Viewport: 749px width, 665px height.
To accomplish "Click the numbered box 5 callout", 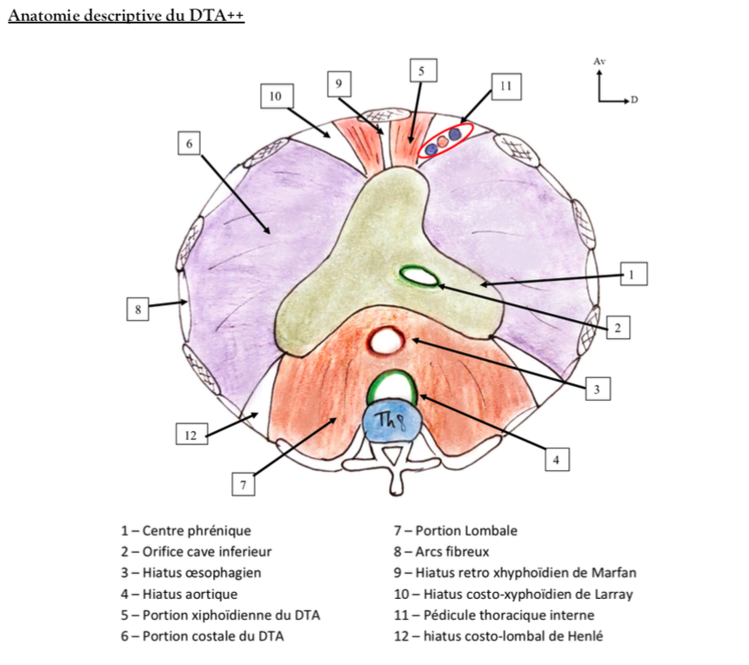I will [421, 70].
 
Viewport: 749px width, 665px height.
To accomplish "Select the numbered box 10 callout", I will [276, 96].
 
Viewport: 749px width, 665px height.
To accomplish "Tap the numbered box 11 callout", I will [505, 86].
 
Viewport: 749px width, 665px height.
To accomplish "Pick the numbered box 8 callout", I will [137, 309].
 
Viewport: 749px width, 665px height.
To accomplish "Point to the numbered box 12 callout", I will [190, 435].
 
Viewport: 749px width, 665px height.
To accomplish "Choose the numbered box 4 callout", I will [557, 460].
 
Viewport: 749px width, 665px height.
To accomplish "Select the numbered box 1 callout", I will [632, 275].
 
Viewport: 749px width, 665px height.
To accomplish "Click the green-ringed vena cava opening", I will [419, 276].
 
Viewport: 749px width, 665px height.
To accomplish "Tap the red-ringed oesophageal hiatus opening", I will [385, 341].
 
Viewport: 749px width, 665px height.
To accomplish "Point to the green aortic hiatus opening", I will [391, 385].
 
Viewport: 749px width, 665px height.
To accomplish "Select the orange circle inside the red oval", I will [443, 140].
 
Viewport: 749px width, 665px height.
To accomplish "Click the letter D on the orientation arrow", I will [634, 101].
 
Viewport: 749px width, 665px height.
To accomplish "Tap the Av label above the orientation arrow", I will [599, 62].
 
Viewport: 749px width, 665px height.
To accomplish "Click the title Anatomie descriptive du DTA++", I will [126, 17].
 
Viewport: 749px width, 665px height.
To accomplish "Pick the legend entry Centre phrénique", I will [186, 530].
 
